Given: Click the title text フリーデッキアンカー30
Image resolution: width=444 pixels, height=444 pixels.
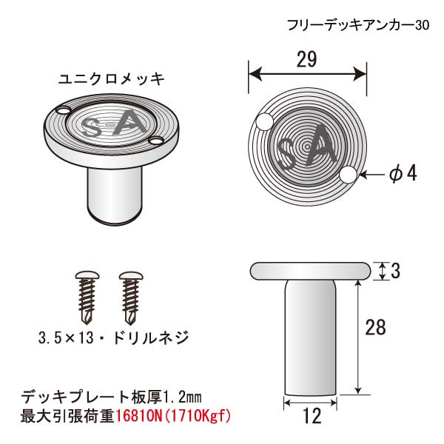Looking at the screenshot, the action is (x=358, y=25).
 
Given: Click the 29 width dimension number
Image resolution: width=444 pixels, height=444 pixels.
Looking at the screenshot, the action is (x=306, y=59).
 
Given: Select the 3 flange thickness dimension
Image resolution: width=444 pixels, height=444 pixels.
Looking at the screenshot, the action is (x=395, y=271).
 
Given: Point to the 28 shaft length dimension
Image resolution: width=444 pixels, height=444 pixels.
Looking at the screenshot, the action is (x=375, y=327).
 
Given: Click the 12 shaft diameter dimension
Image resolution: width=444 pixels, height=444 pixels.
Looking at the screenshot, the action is (x=312, y=415).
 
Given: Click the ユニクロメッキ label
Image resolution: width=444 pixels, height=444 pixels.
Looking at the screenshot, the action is (x=111, y=78).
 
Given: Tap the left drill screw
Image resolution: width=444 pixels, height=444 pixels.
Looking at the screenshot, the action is (x=87, y=298).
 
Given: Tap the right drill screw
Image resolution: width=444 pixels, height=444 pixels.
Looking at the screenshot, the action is (x=130, y=298).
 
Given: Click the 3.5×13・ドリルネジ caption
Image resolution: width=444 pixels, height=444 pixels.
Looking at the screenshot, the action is (x=113, y=337).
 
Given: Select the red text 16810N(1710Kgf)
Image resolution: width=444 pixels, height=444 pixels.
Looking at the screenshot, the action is (x=172, y=416).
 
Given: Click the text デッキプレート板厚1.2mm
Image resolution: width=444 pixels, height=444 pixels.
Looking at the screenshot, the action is (x=111, y=397).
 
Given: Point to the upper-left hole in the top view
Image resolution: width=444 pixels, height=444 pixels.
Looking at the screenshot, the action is (x=264, y=122).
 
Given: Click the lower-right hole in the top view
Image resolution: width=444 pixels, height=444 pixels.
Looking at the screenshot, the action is (x=349, y=175).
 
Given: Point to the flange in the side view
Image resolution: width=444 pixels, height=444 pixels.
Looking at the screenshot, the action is (x=310, y=271).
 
